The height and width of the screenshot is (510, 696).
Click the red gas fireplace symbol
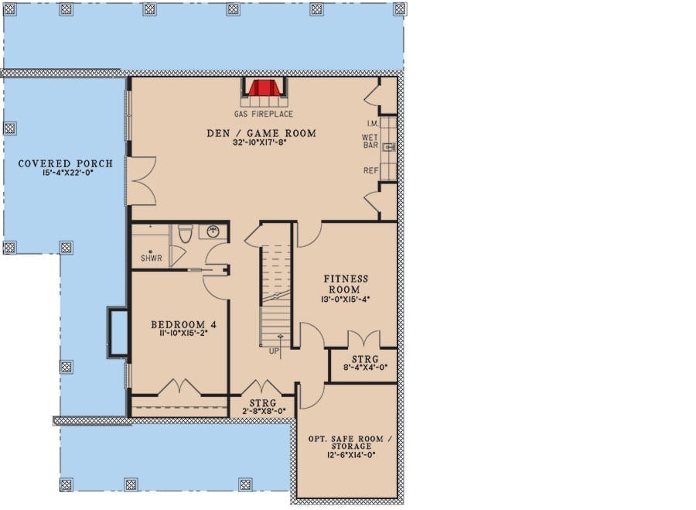(x=264, y=88)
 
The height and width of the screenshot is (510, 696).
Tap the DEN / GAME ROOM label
(x=261, y=133)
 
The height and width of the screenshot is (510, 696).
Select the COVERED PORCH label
(x=66, y=163)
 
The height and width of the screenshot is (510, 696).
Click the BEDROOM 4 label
(x=184, y=325)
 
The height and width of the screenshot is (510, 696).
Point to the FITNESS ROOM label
(x=346, y=284)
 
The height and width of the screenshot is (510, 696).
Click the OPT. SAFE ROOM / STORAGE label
(x=350, y=443)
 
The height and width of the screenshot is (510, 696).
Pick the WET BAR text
(x=370, y=142)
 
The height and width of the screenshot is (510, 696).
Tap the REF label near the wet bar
(x=371, y=170)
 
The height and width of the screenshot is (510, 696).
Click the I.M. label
(x=373, y=123)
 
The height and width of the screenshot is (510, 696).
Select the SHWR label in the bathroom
(x=152, y=258)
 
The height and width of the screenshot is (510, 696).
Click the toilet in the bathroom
(x=185, y=234)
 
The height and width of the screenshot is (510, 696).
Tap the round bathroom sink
(x=213, y=231)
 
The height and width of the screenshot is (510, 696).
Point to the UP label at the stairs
(x=275, y=351)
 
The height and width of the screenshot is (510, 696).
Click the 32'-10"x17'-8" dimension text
(x=261, y=142)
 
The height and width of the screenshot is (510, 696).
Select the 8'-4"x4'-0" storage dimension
(x=365, y=368)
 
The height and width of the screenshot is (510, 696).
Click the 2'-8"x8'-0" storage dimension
(x=263, y=411)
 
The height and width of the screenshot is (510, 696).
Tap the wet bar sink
(x=389, y=147)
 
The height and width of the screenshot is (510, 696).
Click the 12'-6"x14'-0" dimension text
(x=350, y=454)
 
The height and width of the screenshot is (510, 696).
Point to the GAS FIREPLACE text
(x=264, y=115)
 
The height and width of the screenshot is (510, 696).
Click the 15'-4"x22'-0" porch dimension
(x=67, y=173)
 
